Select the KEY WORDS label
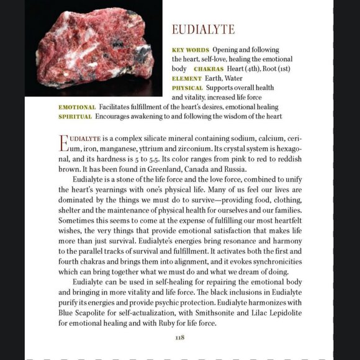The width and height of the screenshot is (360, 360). tap(191, 49)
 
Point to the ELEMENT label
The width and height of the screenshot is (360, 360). tap(187, 78)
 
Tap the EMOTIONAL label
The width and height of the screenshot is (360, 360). tap(77, 107)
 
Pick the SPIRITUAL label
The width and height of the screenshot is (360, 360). tap(76, 116)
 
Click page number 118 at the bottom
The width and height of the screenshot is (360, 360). tap(179, 337)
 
